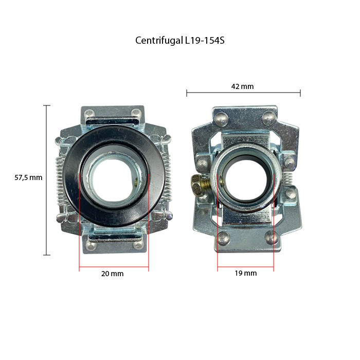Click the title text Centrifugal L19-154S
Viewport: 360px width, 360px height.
pyautogui.click(x=180, y=40)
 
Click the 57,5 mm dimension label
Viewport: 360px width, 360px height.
pyautogui.click(x=28, y=178)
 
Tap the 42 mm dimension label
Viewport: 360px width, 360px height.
pyautogui.click(x=243, y=86)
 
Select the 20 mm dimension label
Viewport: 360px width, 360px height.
pyautogui.click(x=112, y=274)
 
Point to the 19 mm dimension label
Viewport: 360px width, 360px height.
pyautogui.click(x=245, y=273)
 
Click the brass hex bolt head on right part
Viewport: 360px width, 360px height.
pyautogui.click(x=196, y=183)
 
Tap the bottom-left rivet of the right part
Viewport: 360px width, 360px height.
pyautogui.click(x=223, y=238)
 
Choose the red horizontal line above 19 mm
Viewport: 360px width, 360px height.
pyautogui.click(x=245, y=268)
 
